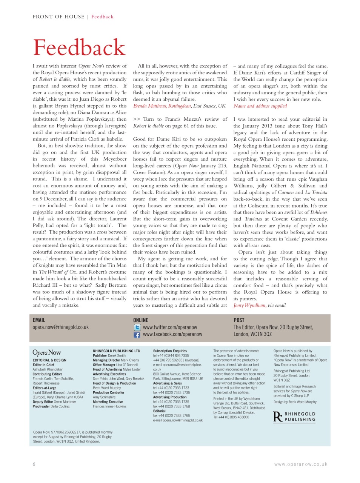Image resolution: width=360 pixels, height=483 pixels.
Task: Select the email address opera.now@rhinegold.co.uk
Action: [x=60, y=327]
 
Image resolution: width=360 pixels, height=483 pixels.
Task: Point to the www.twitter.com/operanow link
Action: [x=170, y=328]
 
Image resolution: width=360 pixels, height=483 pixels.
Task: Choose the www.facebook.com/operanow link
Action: [x=172, y=334]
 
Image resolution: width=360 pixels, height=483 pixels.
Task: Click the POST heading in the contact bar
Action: [x=239, y=320]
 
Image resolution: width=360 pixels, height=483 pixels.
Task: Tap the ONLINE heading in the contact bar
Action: [x=141, y=320]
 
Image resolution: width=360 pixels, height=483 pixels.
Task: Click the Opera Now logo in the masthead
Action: [x=47, y=352]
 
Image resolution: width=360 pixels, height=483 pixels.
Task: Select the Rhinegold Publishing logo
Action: [x=294, y=417]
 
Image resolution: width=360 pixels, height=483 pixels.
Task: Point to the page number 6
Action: [x=34, y=464]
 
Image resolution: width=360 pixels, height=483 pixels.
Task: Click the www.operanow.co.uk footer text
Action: [x=301, y=465]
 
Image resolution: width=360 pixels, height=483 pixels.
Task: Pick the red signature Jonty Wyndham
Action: [x=249, y=305]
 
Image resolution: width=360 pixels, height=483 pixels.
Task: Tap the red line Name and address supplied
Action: [x=260, y=106]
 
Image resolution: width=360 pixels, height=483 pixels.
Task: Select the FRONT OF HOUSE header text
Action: [x=58, y=17]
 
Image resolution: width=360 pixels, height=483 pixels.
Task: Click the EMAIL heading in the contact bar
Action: [x=39, y=320]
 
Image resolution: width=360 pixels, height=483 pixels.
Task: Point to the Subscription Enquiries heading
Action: [x=170, y=351]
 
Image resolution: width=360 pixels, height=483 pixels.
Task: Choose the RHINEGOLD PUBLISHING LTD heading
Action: [x=116, y=351]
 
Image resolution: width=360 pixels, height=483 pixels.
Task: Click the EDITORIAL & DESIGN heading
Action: [x=49, y=360]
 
